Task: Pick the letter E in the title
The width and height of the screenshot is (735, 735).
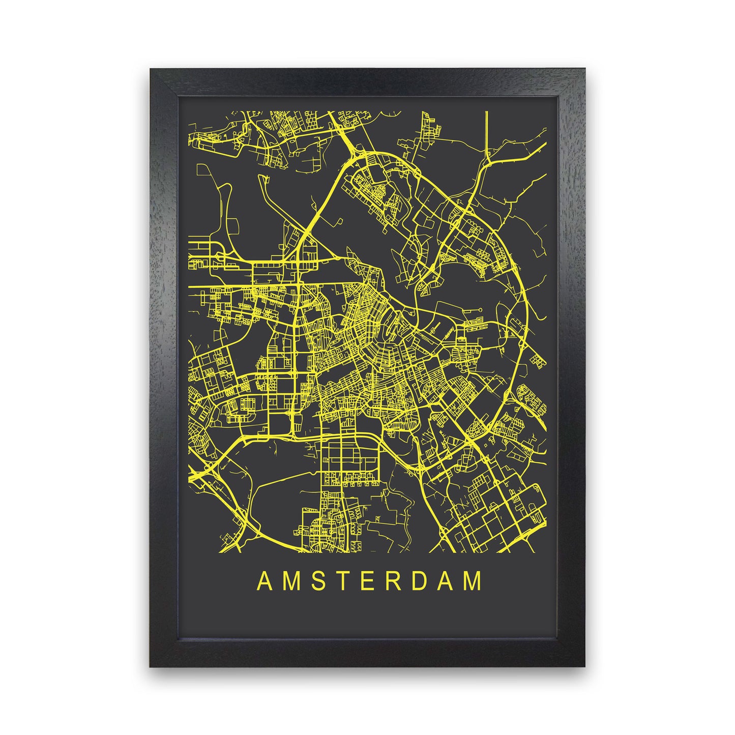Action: pos(368,581)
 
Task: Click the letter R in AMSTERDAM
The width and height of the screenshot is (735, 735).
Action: pos(393,581)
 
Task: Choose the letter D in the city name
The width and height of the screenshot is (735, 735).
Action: pos(420,581)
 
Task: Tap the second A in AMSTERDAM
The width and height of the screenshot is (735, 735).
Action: pos(446,581)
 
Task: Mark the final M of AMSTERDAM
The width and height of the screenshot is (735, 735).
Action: pos(474,581)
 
